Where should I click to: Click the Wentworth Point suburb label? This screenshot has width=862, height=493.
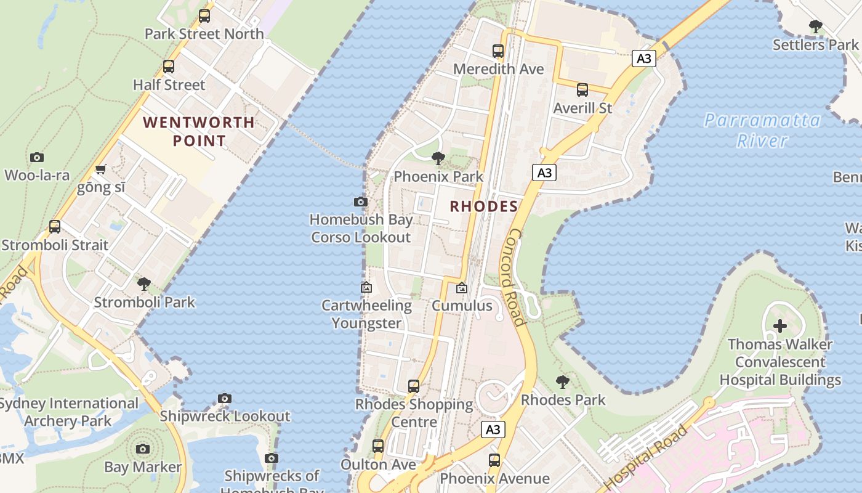point(199,131)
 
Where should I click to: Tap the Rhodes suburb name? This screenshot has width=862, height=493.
point(483,206)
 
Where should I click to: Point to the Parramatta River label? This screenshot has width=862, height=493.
point(762,130)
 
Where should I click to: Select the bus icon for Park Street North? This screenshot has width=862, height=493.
point(204,16)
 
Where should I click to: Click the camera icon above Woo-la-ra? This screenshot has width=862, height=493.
point(37,158)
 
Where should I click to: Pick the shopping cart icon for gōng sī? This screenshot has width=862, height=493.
point(101,169)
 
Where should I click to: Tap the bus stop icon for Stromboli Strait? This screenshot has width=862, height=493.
point(55,227)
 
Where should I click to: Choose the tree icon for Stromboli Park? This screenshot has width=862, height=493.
point(144,284)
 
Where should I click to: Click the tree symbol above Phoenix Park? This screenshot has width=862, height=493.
point(438,158)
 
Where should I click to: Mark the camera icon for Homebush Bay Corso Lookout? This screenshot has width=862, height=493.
point(361,202)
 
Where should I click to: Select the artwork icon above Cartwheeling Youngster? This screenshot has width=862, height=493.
point(366,287)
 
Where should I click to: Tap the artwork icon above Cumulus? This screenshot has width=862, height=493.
point(461,288)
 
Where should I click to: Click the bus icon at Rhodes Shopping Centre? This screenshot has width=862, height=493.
point(414,386)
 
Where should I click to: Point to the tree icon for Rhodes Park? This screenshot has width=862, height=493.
point(563,382)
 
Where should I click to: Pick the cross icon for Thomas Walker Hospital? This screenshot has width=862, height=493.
point(780,326)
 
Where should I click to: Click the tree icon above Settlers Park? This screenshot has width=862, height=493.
point(816,26)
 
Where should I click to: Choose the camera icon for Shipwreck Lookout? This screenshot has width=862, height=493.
point(225,398)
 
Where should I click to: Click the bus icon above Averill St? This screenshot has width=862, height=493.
point(582,90)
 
